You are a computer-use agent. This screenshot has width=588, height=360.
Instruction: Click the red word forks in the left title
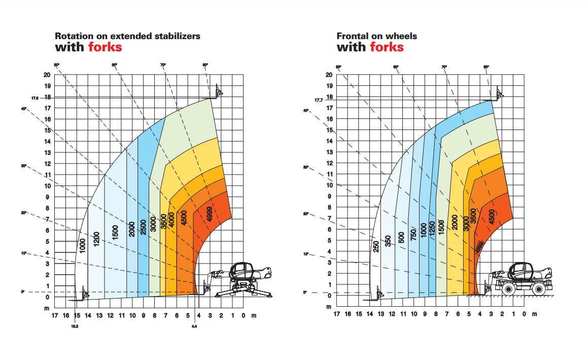[105, 47]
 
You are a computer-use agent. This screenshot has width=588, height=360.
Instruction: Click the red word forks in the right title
[387, 47]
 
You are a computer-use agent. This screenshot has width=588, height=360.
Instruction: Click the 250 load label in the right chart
[376, 246]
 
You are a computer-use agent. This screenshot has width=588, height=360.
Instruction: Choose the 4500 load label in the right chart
[491, 217]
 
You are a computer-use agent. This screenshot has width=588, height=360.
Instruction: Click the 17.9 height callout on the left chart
[35, 97]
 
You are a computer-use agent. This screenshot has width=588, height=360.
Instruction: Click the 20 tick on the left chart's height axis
[47, 75]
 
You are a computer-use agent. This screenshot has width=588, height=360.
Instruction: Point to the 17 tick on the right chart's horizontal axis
[336, 314]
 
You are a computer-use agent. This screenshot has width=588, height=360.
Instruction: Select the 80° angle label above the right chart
[486, 67]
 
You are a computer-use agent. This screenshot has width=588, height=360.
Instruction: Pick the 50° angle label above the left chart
[57, 64]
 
